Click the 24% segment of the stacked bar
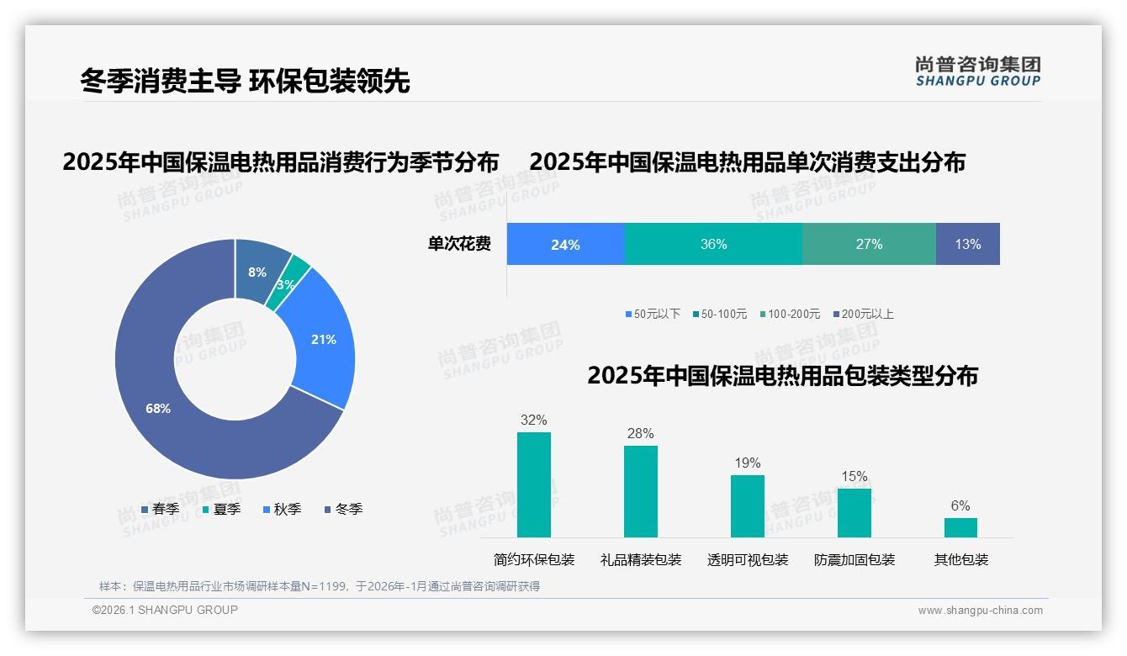[x=565, y=245]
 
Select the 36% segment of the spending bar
[x=713, y=245]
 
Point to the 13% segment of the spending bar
[x=967, y=245]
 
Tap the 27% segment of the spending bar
[x=869, y=245]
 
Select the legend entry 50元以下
[x=653, y=314]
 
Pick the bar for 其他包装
[x=960, y=527]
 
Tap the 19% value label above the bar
[x=747, y=463]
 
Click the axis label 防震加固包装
[x=855, y=560]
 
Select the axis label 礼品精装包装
[x=641, y=560]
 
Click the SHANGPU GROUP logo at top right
[x=977, y=71]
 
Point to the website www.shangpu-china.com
[x=980, y=611]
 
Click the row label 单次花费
[x=459, y=245]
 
